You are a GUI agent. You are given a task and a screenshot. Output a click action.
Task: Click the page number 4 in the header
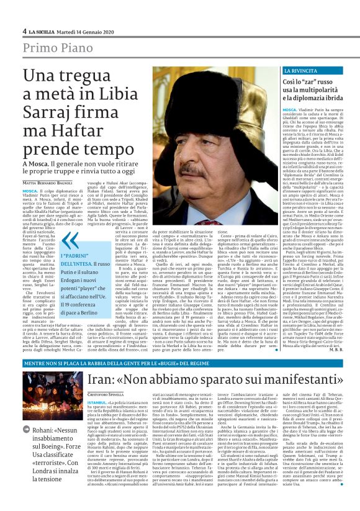25,31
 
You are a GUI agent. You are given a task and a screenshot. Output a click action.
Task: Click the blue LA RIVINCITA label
302,71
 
